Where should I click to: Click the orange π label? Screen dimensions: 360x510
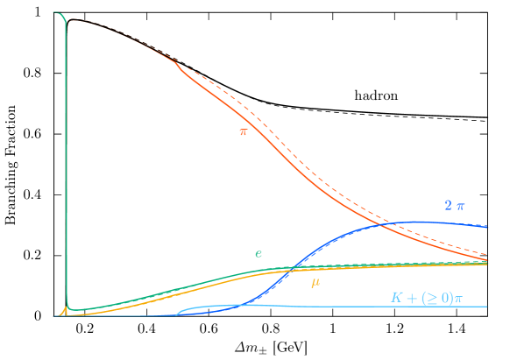point(244,131)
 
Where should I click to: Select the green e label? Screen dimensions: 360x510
point(259,254)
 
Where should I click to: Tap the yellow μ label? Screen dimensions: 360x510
point(315,282)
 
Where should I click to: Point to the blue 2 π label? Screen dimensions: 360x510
point(454,206)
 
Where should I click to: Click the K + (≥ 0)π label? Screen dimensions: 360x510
point(426,298)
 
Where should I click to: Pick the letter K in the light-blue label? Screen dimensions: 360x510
point(395,298)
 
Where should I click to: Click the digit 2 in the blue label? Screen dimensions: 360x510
point(447,206)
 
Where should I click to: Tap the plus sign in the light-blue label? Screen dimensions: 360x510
point(410,298)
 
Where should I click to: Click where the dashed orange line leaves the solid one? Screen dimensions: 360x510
point(178,63)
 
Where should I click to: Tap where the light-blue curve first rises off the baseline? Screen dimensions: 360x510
point(176,313)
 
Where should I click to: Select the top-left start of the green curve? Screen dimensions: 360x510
point(54,13)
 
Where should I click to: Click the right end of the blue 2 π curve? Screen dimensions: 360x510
point(488,226)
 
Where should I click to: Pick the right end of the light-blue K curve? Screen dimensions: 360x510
point(488,307)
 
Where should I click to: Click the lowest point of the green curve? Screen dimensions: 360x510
point(73,310)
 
